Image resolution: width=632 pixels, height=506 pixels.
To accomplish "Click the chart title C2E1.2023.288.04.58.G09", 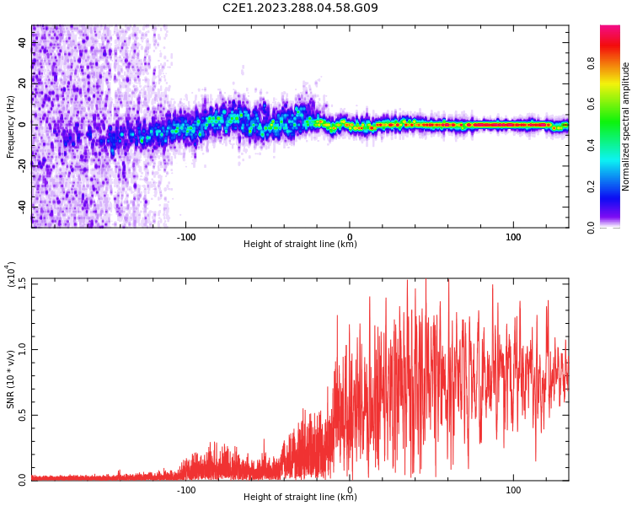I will [300, 8].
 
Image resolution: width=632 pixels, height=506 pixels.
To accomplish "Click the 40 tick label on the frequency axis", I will [22, 42].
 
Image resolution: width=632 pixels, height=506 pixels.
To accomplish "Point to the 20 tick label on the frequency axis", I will [22, 83].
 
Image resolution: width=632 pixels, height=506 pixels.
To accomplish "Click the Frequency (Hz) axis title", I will [10, 126].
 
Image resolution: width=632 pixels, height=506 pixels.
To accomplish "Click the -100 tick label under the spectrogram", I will [186, 237].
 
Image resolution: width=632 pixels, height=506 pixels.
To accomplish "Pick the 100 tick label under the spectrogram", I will [513, 237].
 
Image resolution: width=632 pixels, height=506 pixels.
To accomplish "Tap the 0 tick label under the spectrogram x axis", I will [350, 237].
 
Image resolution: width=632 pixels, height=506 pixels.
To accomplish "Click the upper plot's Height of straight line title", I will [300, 245].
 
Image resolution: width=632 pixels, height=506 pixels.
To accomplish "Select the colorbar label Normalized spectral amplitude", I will [626, 126].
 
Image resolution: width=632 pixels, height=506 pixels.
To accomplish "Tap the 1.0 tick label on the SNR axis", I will [21, 348].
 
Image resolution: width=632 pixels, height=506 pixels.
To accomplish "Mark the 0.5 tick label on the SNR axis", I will [21, 414].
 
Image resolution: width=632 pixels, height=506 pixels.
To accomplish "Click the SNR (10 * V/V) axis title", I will [10, 379].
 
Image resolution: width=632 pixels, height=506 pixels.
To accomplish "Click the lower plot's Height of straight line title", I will [300, 497].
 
